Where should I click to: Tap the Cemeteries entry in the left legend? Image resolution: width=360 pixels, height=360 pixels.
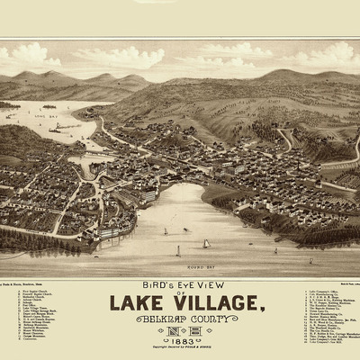tap(31, 352)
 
